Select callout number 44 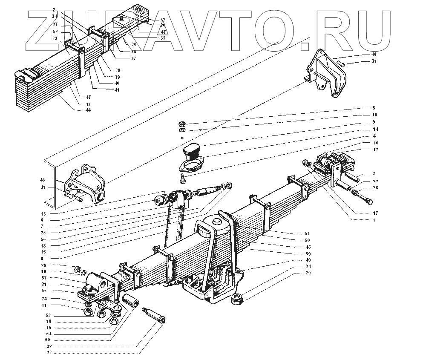click(x=89, y=110)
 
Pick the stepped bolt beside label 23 click(x=154, y=320)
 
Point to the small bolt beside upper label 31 click(x=342, y=63)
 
